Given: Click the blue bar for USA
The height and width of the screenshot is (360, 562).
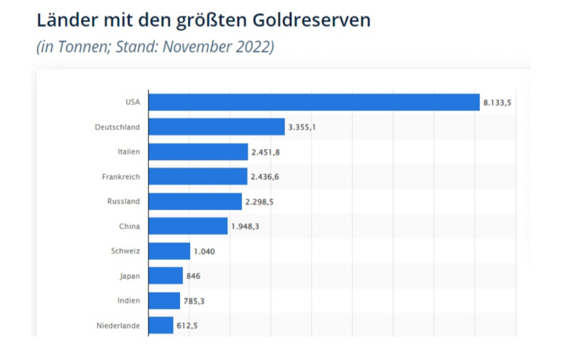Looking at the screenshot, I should pos(314,102).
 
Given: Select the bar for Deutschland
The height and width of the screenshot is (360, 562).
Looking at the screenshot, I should pos(217,127).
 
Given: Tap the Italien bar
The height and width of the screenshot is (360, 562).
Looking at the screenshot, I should pos(198,151).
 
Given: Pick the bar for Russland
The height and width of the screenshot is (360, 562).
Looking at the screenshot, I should pos(195,201).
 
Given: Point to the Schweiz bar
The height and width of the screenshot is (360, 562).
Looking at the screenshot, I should pos(169,251).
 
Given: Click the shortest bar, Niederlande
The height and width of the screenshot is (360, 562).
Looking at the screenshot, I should pos(161,325).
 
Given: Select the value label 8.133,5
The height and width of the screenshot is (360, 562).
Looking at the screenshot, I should pos(497,103).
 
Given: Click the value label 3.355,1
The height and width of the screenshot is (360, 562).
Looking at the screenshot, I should pos(302,127).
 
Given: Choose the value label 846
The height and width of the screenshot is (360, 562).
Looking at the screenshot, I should pos(193,276).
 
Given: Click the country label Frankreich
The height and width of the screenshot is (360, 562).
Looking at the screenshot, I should pos(121,177).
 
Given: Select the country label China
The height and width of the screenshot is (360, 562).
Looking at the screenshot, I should pos(130,226).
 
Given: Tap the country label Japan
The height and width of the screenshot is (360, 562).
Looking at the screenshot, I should pos(130,276).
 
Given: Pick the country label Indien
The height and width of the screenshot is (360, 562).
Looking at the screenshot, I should pos(129,301).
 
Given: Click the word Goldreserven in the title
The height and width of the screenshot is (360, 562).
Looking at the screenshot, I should pos(312,20).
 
